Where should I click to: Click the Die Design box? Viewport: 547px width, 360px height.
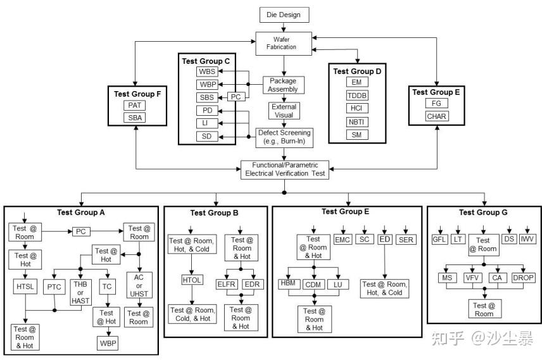pos(284,14)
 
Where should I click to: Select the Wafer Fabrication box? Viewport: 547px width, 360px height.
pos(284,42)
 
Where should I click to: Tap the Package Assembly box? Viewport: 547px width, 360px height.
pos(283,85)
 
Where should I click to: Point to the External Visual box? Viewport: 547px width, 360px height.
pos(283,111)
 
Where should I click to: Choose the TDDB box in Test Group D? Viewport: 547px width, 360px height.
pos(356,96)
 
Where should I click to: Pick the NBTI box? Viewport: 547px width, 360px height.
pos(356,121)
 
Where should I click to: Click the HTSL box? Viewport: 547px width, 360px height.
pos(26,287)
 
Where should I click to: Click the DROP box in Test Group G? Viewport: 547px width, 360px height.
pos(523,277)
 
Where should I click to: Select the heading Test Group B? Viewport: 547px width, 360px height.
pos(214,213)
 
